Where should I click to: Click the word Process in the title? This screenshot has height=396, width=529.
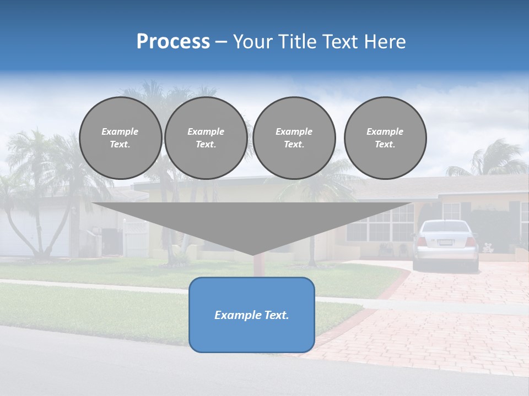[173, 42]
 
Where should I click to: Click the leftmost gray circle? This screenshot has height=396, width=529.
[120, 138]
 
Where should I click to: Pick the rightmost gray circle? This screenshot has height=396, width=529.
[385, 138]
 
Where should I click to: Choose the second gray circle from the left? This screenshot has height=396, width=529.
[206, 138]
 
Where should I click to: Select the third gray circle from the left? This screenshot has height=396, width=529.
[294, 138]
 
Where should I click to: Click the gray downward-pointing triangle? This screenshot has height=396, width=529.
[252, 223]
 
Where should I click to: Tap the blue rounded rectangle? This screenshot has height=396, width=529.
[252, 330]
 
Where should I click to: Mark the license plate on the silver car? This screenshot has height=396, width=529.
[446, 242]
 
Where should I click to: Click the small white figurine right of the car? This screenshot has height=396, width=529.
[488, 248]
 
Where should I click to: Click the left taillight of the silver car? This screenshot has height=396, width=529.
[422, 241]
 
